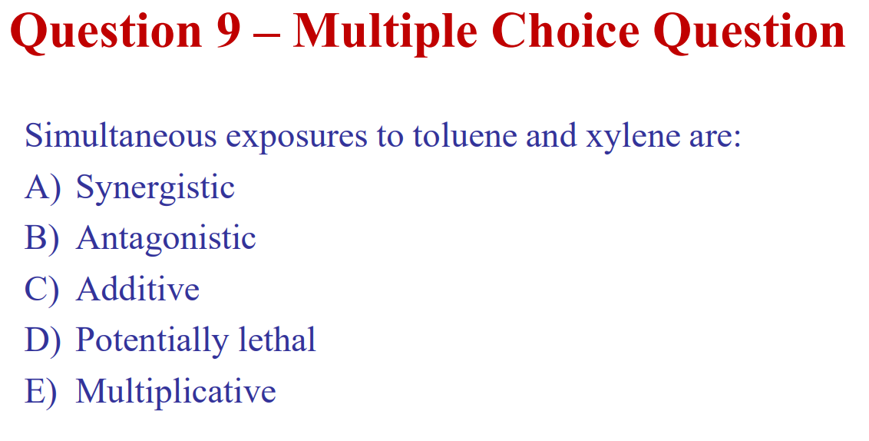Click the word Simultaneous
pyautogui.click(x=121, y=136)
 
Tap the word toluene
pyautogui.click(x=464, y=136)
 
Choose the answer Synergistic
pyautogui.click(x=155, y=189)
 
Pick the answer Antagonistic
pyautogui.click(x=166, y=240)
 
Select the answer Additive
pyautogui.click(x=138, y=290)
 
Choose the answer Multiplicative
pyautogui.click(x=176, y=392)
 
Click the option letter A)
pyautogui.click(x=42, y=188)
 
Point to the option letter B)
pyautogui.click(x=41, y=239)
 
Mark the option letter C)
pyautogui.click(x=41, y=290)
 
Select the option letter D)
pyautogui.click(x=42, y=340)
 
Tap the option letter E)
pyautogui.click(x=41, y=391)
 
